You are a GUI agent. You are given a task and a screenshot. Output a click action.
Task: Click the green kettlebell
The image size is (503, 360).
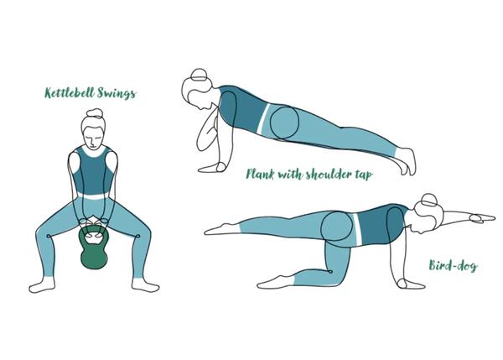[94, 251]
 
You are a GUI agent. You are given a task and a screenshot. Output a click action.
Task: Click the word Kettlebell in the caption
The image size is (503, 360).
[70, 93]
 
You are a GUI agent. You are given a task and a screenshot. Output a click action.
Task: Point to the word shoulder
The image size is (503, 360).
[332, 174]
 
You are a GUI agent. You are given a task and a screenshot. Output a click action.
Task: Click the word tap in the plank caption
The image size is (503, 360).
[366, 175]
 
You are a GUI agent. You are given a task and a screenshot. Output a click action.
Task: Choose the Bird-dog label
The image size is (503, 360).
[453, 265]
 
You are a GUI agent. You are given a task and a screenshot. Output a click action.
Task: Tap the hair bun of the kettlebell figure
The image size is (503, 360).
[95, 113]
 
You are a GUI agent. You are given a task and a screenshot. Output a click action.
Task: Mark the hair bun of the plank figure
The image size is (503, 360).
[199, 76]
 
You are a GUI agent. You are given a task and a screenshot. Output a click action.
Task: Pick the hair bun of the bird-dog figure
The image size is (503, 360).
[429, 201]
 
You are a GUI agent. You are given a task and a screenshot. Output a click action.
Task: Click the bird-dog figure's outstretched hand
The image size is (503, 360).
[482, 218]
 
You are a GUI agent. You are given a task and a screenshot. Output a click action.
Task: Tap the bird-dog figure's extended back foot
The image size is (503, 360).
[222, 229]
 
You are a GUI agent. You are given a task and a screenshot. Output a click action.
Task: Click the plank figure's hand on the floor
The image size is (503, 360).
[212, 167]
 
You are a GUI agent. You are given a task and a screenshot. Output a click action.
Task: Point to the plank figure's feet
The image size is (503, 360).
[407, 161]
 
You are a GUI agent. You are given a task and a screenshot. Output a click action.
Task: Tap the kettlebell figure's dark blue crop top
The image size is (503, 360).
[93, 171]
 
